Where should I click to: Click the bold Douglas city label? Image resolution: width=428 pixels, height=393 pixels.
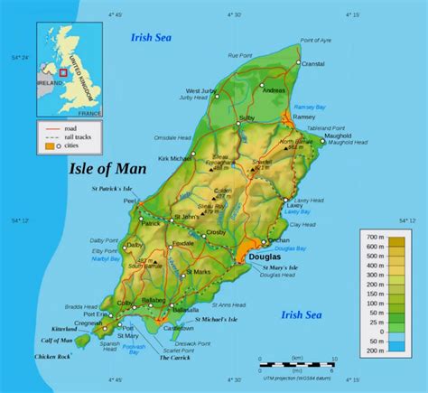pyautogui.click(x=265, y=257)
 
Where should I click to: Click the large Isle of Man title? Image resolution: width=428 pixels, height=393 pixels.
pyautogui.click(x=106, y=168)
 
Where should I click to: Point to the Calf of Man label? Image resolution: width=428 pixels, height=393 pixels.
pyautogui.click(x=56, y=340)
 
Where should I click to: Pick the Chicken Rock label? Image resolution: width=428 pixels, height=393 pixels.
pyautogui.click(x=51, y=358)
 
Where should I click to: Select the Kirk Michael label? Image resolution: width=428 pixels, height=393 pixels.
pyautogui.click(x=174, y=159)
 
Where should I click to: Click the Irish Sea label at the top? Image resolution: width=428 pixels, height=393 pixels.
pyautogui.click(x=148, y=37)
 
